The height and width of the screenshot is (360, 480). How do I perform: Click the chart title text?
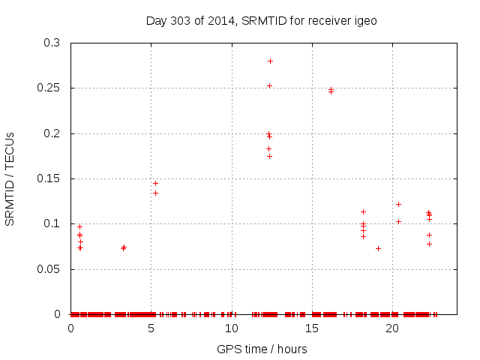[x=261, y=20]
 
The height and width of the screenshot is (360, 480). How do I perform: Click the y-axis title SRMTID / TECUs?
[x=10, y=178]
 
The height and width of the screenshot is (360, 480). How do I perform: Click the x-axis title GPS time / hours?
[x=261, y=349]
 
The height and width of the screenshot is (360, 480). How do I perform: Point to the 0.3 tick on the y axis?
[x=53, y=43]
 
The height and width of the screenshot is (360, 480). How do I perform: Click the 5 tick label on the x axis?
[x=151, y=328]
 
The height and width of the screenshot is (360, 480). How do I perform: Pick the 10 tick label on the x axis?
[x=231, y=328]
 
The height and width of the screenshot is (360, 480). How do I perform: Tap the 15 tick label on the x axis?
[x=311, y=328]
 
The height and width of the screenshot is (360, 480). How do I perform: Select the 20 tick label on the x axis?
[x=391, y=328]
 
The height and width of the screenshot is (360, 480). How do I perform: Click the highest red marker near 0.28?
[x=270, y=61]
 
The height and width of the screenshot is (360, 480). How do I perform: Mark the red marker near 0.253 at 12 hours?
[x=269, y=85]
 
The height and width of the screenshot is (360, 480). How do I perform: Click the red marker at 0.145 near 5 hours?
[x=155, y=183]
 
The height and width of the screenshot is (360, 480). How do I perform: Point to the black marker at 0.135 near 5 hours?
[x=155, y=193]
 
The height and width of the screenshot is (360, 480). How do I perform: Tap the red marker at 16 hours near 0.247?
[x=331, y=91]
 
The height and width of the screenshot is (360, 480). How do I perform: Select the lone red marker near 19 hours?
[x=378, y=248]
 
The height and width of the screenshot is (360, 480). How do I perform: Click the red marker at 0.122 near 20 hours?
[x=398, y=204]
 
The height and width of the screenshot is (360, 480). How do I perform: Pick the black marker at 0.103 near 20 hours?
[x=398, y=221]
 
